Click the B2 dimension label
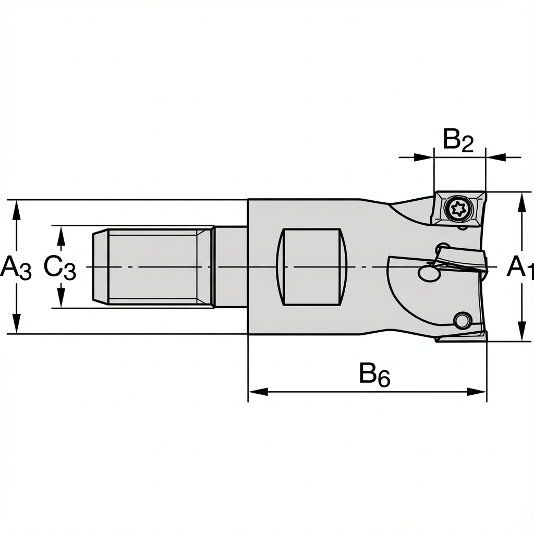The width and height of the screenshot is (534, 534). point(458,140)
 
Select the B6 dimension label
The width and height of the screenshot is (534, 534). point(375,375)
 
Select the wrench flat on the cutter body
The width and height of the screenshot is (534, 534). point(312,266)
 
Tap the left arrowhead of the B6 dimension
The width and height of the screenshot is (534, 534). point(259,392)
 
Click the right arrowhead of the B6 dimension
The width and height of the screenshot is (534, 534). point(477,392)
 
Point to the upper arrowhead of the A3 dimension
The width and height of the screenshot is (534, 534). point(16,210)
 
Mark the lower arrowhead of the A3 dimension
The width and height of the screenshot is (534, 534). point(16,324)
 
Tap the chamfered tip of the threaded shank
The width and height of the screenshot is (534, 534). point(101,266)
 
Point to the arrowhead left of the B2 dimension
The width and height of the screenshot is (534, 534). point(424,157)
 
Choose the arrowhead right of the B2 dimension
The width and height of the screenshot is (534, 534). point(495,157)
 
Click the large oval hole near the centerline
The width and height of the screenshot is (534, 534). point(429,272)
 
